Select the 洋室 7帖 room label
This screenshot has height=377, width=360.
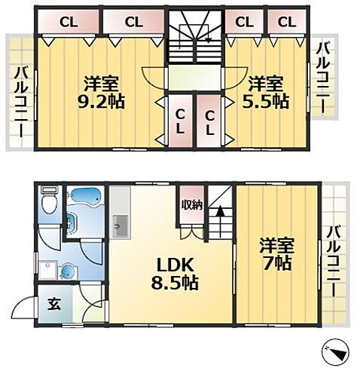(x=276, y=254)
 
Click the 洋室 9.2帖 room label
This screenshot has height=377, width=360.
(x=99, y=92)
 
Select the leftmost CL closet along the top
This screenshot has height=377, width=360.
(x=66, y=22)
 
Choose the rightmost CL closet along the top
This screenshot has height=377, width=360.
(x=286, y=22)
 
